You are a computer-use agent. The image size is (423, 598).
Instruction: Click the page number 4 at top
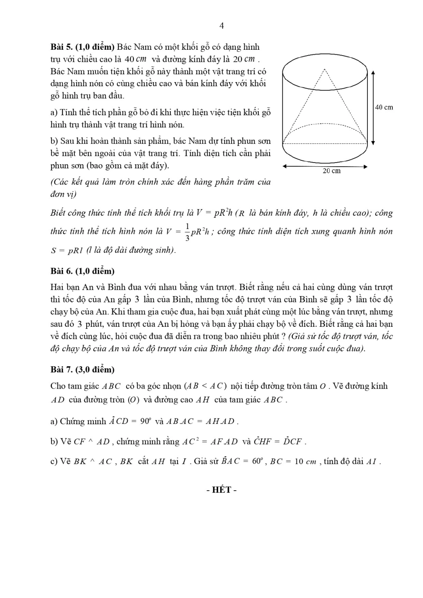coord(221,26)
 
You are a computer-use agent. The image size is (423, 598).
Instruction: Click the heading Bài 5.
coord(61,47)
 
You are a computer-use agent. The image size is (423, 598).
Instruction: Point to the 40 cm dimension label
coord(384,107)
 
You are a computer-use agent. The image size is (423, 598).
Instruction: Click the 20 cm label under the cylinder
coord(332,171)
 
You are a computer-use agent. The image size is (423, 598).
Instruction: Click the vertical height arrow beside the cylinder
coord(373,107)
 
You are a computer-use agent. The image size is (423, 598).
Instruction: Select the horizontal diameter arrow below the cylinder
coord(325,166)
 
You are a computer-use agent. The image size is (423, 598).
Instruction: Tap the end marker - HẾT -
coord(221,490)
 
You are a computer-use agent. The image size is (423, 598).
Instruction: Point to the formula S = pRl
coord(67,250)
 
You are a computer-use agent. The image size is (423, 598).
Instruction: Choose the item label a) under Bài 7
coord(54,422)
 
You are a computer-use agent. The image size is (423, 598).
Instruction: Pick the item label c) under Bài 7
coord(54,462)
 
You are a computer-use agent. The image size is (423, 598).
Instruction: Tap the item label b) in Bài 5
coord(54,141)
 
